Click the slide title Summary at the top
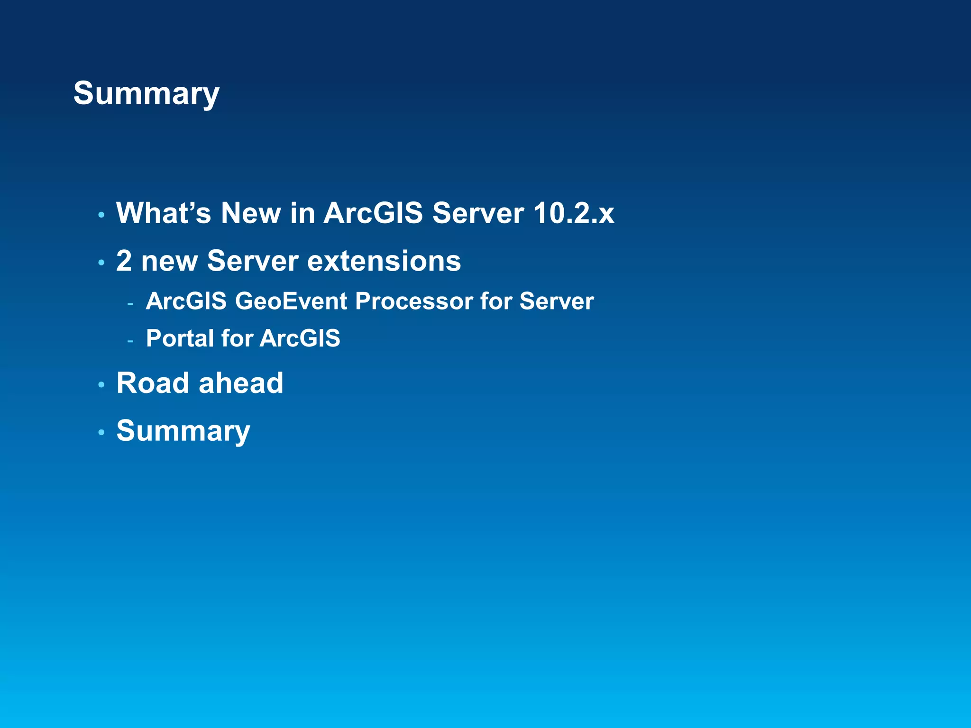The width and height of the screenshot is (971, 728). click(146, 93)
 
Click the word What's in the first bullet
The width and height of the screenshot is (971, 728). click(163, 213)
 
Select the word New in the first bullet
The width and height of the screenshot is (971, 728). click(251, 213)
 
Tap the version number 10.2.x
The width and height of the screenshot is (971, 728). click(573, 213)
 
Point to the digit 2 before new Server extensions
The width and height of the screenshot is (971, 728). click(124, 261)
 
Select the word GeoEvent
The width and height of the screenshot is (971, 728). click(291, 301)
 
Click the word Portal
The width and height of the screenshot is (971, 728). click(180, 338)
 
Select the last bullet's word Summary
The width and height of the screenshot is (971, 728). click(183, 431)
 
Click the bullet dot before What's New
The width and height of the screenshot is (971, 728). click(101, 215)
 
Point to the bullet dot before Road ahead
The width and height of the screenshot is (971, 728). click(101, 385)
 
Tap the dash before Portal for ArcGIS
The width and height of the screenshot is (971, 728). click(130, 341)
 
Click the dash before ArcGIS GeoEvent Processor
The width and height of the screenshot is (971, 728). click(130, 303)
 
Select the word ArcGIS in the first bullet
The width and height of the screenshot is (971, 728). click(373, 213)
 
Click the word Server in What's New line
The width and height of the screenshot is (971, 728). click(478, 213)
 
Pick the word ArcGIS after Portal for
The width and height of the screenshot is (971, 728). click(300, 338)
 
